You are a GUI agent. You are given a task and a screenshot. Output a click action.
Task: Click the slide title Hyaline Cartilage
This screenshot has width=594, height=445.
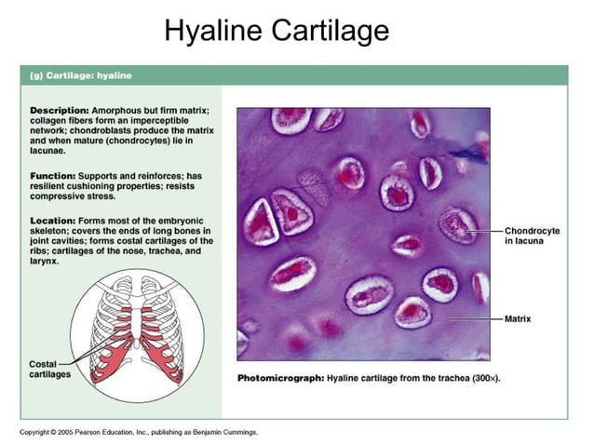pyautogui.click(x=277, y=31)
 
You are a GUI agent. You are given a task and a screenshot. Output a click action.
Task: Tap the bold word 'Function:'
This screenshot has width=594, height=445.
pyautogui.click(x=53, y=176)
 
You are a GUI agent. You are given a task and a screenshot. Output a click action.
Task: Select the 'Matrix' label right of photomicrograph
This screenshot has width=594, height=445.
pyautogui.click(x=518, y=318)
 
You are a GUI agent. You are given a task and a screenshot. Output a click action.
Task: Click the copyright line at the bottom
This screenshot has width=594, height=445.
pyautogui.click(x=139, y=432)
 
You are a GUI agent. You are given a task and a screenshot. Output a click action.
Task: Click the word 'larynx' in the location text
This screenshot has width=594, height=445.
pyautogui.click(x=45, y=262)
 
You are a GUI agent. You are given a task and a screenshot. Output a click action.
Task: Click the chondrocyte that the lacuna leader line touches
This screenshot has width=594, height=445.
pyautogui.click(x=457, y=225)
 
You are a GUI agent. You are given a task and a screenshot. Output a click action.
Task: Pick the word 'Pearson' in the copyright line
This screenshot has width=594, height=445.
pyautogui.click(x=88, y=432)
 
